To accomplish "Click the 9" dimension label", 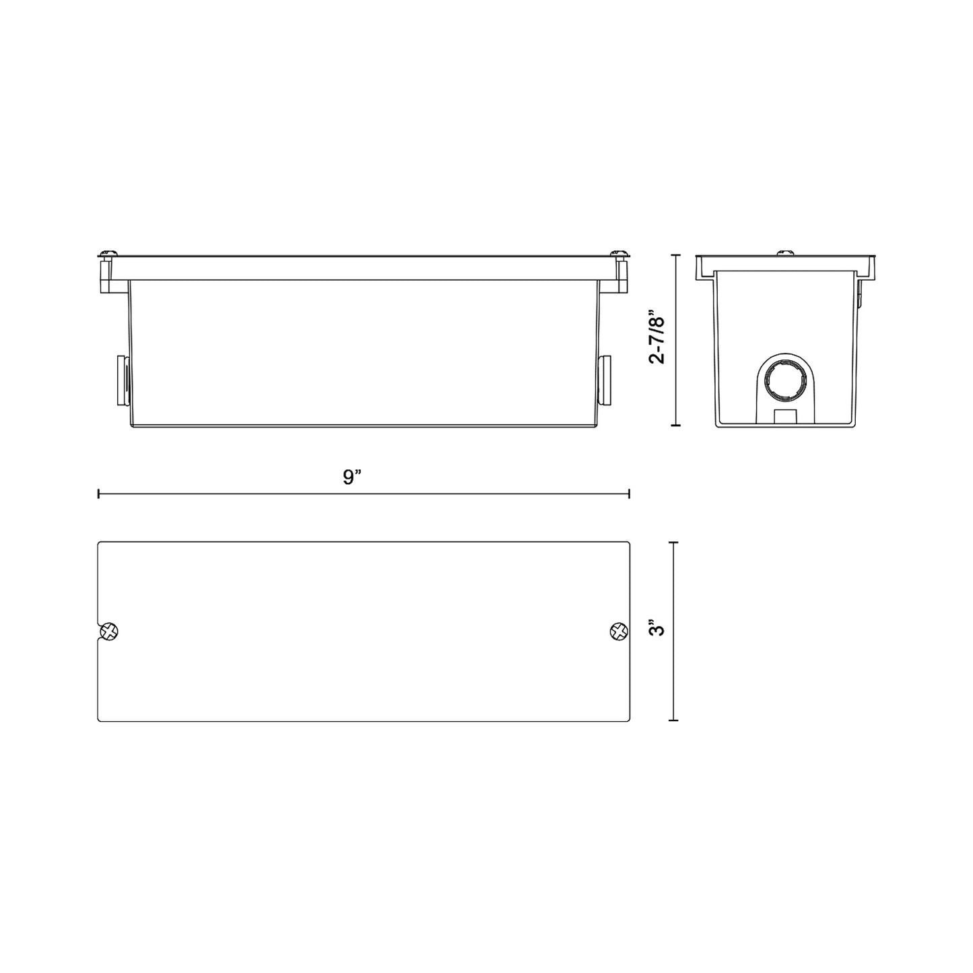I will point(352,477).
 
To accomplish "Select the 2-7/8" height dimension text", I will point(657,337).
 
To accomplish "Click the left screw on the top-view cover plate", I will point(108,632).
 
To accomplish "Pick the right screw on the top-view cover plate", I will point(618,632).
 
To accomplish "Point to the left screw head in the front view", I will point(108,253).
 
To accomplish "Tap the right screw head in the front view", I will point(619,253).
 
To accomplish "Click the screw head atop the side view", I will point(784,253).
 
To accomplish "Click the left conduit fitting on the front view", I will point(123,380).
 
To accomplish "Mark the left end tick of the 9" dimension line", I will point(99,494).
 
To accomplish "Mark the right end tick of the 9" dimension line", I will point(629,494).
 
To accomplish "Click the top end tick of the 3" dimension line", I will point(674,542).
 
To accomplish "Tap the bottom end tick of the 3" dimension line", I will point(674,720).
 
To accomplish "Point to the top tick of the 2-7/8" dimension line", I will point(676,256).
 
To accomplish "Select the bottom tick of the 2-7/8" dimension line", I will point(676,426).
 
